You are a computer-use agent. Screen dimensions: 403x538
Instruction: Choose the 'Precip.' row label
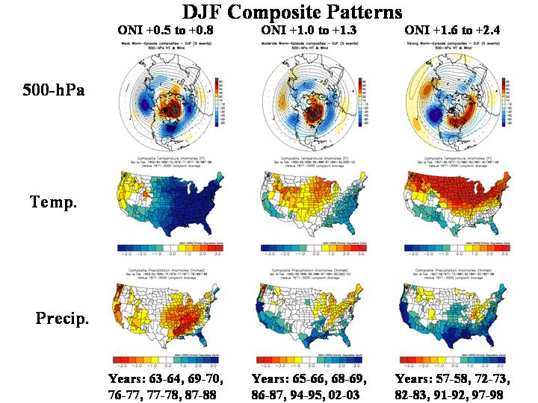click(x=63, y=319)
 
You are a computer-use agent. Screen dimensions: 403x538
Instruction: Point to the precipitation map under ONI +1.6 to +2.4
click(x=455, y=317)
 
